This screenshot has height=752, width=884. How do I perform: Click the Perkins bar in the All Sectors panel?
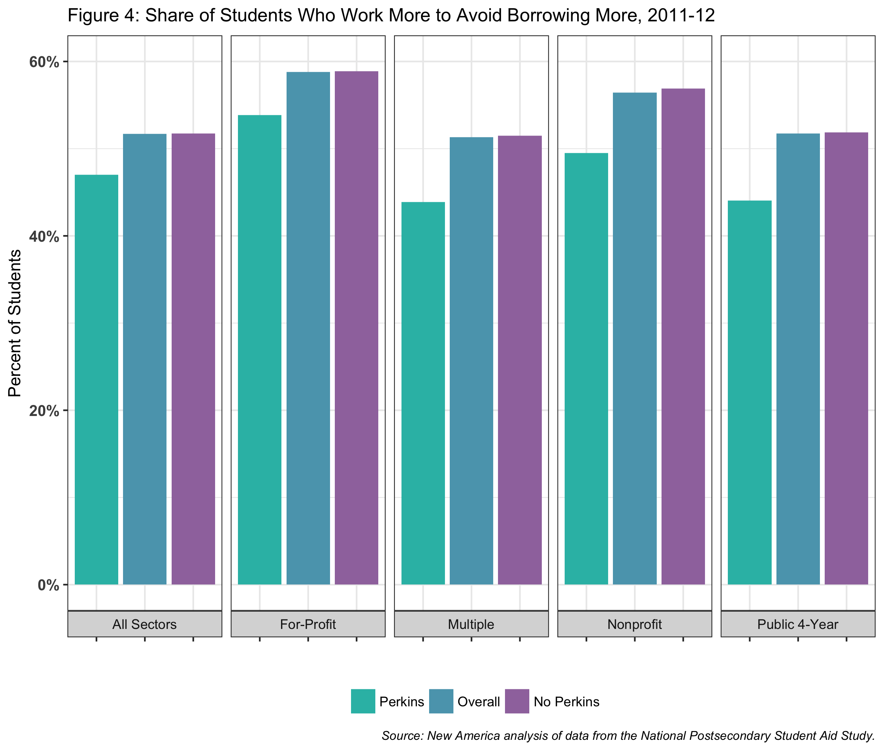97,379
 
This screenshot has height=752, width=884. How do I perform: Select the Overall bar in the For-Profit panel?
308,328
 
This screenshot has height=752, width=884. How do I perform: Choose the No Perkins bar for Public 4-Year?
846,358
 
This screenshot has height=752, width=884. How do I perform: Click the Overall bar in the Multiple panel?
471,360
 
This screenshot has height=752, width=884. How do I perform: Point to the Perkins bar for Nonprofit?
586,368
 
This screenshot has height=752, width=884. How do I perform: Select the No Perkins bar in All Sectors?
193,358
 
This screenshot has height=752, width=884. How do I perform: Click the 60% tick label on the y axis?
44,62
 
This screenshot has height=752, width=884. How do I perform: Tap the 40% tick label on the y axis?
44,237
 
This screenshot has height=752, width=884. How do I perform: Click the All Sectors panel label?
144,625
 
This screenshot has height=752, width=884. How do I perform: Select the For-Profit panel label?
308,625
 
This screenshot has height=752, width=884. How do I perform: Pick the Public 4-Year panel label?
797,625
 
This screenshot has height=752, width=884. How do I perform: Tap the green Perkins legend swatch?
363,701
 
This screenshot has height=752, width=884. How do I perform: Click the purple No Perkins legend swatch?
517,701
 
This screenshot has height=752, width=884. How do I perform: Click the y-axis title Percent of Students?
15,323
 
